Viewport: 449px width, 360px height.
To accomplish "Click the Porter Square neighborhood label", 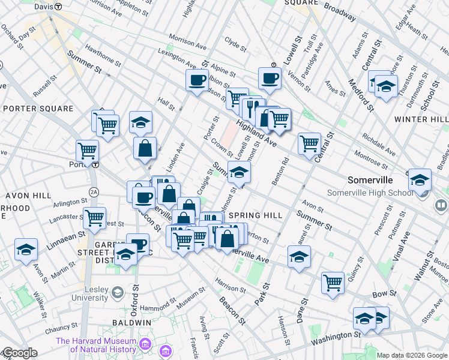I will [x=38, y=109].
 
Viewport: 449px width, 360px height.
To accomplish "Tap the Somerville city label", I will [x=370, y=180].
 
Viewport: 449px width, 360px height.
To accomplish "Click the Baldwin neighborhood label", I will [x=131, y=323].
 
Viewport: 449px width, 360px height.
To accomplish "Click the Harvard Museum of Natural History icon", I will [x=145, y=344].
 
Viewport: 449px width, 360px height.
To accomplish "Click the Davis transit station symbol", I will [x=58, y=6].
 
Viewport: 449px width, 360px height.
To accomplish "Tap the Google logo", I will [x=20, y=353].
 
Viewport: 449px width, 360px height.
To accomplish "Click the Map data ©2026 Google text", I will [x=411, y=355].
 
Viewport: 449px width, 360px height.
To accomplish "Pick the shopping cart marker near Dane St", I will [x=333, y=282].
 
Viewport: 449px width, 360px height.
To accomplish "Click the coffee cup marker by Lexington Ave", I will [x=196, y=79].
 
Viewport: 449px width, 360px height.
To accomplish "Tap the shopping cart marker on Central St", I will [x=309, y=143].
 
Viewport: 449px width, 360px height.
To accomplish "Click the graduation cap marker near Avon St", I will [x=298, y=256].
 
